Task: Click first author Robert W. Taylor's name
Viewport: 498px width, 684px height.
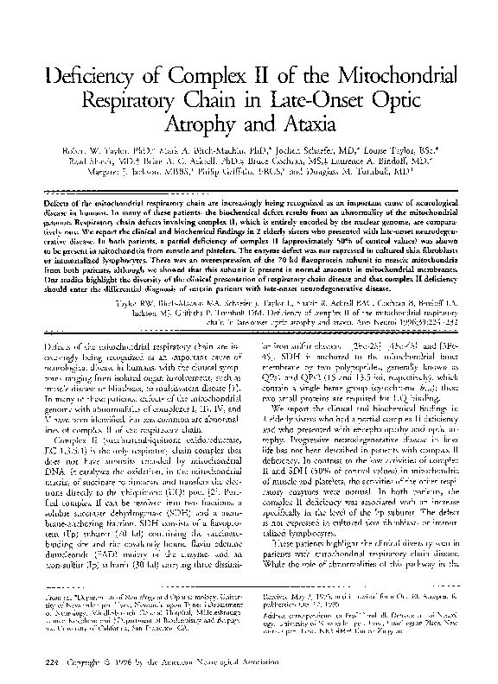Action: [94, 161]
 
